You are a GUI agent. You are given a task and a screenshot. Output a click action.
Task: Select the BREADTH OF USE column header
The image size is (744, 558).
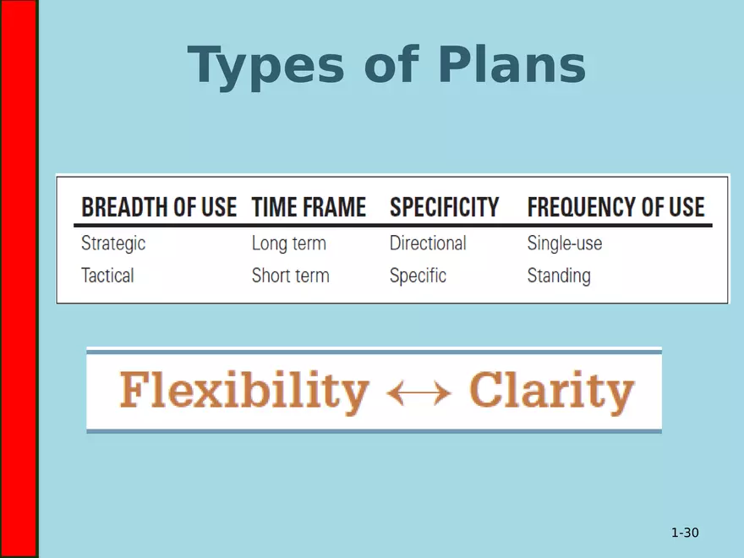(159, 207)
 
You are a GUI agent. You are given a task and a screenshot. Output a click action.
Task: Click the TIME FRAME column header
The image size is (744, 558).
(309, 207)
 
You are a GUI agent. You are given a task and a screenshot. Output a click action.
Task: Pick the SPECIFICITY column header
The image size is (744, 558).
(444, 207)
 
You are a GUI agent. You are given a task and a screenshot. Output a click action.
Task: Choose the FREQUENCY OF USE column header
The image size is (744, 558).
(615, 207)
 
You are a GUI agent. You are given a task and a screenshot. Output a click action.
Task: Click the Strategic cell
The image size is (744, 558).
(113, 243)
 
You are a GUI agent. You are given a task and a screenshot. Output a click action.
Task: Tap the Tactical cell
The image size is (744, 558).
(107, 276)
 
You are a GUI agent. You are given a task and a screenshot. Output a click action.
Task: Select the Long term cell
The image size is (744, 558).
(288, 243)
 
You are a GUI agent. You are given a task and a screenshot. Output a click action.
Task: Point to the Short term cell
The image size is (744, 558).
(290, 276)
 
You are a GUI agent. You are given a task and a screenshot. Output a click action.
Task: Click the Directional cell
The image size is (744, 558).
(427, 243)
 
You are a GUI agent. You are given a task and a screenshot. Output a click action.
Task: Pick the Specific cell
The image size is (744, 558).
(418, 276)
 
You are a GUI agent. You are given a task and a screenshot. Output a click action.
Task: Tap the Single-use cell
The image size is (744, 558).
(564, 243)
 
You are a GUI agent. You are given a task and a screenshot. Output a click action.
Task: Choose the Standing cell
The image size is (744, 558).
(558, 276)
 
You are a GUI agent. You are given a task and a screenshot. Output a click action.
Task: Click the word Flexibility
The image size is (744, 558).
(244, 391)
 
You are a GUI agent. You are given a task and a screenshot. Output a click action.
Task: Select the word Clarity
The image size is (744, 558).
(551, 391)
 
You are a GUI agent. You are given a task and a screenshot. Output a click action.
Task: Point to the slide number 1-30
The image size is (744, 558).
(685, 533)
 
